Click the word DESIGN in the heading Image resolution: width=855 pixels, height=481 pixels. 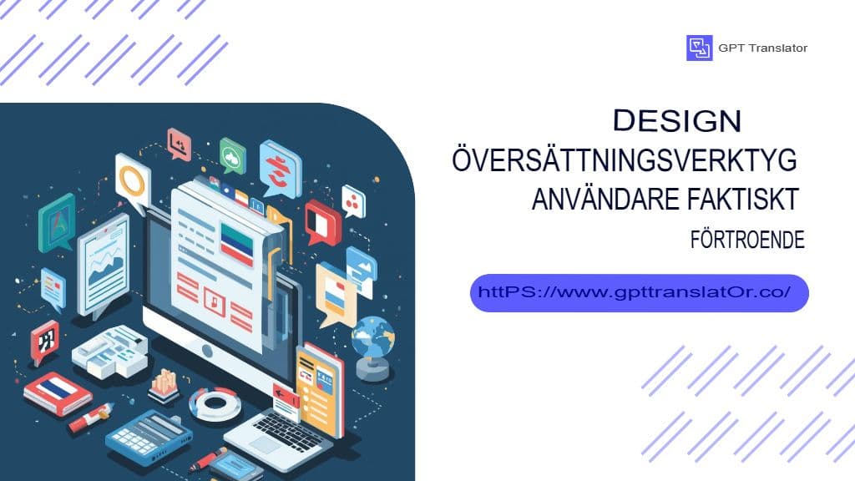coord(676,120)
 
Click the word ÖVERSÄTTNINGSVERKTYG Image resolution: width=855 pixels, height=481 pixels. coord(625,159)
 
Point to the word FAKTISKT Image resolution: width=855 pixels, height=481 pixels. coord(743,199)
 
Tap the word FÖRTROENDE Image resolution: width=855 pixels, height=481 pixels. coord(747,240)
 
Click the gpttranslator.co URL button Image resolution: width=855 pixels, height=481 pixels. coord(639,293)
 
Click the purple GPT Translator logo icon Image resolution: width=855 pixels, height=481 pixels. coord(699,48)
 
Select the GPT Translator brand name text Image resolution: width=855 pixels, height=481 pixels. coord(762,48)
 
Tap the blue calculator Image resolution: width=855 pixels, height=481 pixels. coord(149,437)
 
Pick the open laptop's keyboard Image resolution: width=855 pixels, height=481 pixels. coord(288,432)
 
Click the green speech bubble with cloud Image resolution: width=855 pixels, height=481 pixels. coord(233,156)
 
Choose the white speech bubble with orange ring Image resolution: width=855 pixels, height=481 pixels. coord(133,182)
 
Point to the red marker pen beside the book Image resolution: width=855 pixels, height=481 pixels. coord(91,418)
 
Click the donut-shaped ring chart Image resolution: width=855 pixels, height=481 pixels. coord(215,404)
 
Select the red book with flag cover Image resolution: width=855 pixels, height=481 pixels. coord(58,394)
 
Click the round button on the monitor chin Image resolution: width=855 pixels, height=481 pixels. coord(207,351)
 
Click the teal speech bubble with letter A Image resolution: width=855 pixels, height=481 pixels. coord(58,223)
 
